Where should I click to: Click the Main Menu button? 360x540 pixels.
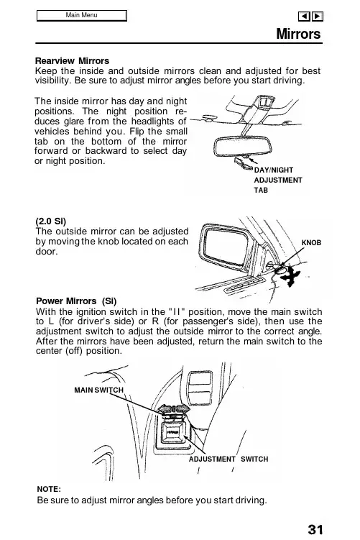coord(82,16)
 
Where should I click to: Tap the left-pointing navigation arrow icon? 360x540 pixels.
coord(304,17)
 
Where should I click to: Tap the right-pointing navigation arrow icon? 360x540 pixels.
coord(318,17)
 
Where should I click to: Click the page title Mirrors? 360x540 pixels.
coord(298,34)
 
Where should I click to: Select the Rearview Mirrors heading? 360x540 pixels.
coord(72,61)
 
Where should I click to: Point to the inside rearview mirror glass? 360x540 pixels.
coord(243,147)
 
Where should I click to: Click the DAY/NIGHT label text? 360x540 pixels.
coord(274,170)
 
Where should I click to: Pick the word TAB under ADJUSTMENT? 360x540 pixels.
coord(261,190)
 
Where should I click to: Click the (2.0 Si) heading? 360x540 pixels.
coord(50,221)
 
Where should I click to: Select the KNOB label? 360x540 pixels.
coord(311,243)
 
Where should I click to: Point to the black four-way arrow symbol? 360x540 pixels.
coord(291,276)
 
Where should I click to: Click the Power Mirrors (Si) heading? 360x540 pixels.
coord(76,301)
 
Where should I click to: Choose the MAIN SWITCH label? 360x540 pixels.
coord(98,390)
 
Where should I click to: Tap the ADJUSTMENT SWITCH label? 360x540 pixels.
coord(229,459)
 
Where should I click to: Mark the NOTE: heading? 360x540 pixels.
coord(49,489)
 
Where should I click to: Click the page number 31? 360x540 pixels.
coord(315,529)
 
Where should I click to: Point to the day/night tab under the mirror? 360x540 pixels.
coord(244,163)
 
